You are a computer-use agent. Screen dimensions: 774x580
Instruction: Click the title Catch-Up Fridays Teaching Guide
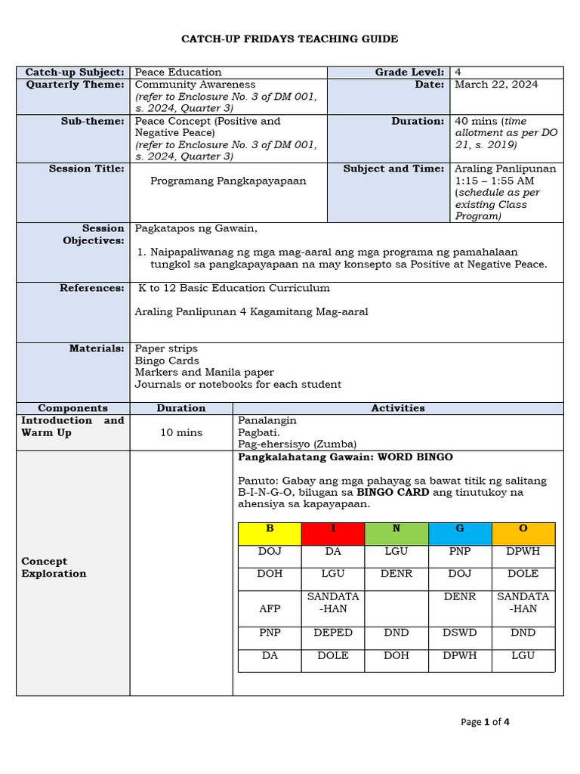point(290,39)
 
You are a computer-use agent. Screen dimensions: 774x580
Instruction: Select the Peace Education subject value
point(178,73)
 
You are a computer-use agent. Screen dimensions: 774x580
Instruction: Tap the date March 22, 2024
point(496,85)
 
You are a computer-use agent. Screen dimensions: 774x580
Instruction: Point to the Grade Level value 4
point(458,73)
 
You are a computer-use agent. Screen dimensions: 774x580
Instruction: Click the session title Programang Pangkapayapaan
point(228,181)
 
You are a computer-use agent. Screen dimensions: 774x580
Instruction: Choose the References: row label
point(92,288)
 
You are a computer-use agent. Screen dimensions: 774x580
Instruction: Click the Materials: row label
point(97,348)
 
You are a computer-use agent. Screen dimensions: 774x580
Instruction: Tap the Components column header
point(72,408)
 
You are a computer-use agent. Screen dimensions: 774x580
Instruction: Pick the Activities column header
point(398,408)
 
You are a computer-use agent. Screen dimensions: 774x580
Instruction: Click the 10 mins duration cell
point(181,433)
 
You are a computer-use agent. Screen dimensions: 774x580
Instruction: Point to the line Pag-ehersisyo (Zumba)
point(297,444)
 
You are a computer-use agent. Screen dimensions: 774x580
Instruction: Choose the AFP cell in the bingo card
point(270,608)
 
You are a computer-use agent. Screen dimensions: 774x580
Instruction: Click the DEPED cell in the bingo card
point(333,633)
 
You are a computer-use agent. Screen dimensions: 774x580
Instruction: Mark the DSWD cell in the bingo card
point(460,633)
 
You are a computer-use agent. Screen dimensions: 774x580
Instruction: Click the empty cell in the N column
point(396,608)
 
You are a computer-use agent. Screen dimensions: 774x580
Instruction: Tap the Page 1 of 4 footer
point(485,722)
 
